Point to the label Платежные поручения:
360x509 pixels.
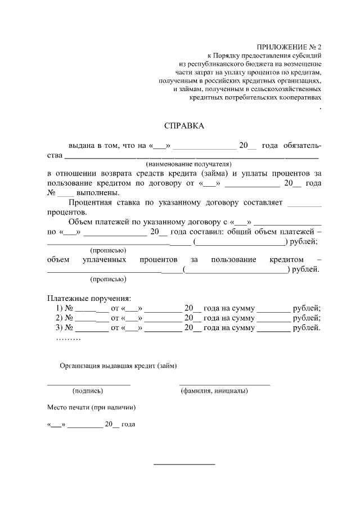[x=89, y=298]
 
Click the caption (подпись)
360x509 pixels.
[x=88, y=390]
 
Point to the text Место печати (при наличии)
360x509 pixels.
[x=91, y=407]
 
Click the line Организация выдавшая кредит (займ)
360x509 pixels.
[x=118, y=366]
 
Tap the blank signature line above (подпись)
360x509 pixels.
[x=88, y=384]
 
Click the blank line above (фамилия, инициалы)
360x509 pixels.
[x=224, y=384]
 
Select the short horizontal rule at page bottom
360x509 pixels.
[x=184, y=464]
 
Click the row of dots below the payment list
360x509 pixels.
[x=69, y=339]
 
